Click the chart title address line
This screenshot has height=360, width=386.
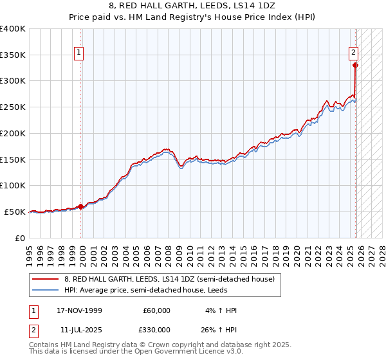(192, 6)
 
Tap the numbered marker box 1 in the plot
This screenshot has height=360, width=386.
(78, 53)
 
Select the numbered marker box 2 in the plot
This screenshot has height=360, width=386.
(353, 53)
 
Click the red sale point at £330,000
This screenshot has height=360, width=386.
(355, 65)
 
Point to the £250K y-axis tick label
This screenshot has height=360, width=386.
(13, 107)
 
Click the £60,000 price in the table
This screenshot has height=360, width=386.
(156, 310)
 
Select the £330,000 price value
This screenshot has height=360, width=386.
(156, 330)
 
